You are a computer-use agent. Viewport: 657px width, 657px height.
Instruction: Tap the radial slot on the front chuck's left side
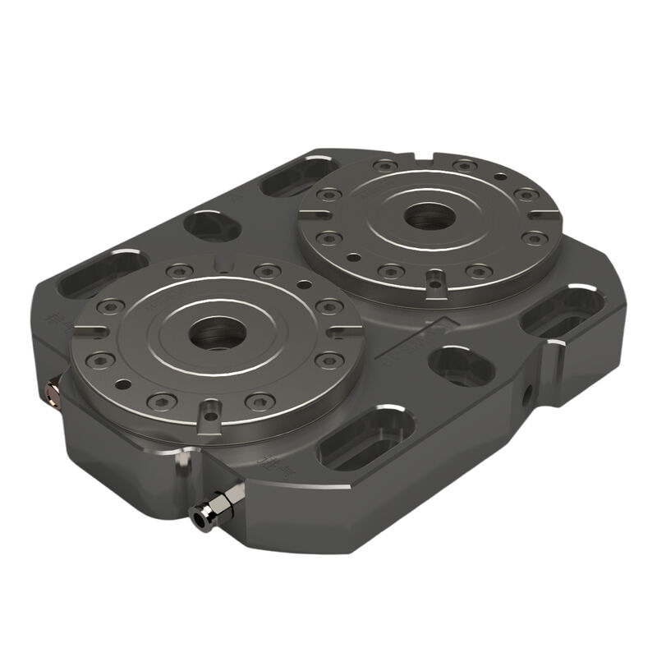pyautogui.click(x=90, y=333)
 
